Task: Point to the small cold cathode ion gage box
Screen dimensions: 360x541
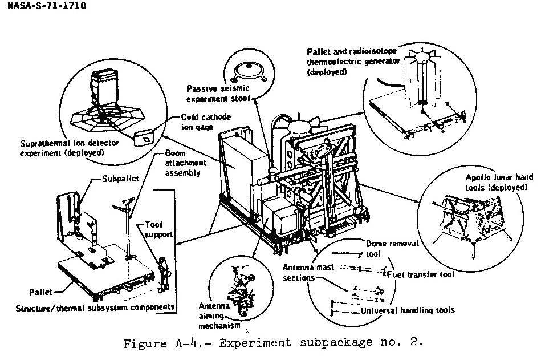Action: pos(145,137)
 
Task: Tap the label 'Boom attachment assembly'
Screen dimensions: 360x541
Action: pos(185,163)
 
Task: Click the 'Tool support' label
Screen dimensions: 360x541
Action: pos(158,229)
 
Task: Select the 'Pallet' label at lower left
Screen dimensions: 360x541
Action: pos(40,292)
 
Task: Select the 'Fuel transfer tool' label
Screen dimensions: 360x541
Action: pos(422,274)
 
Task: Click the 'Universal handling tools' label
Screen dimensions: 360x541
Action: pos(408,310)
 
